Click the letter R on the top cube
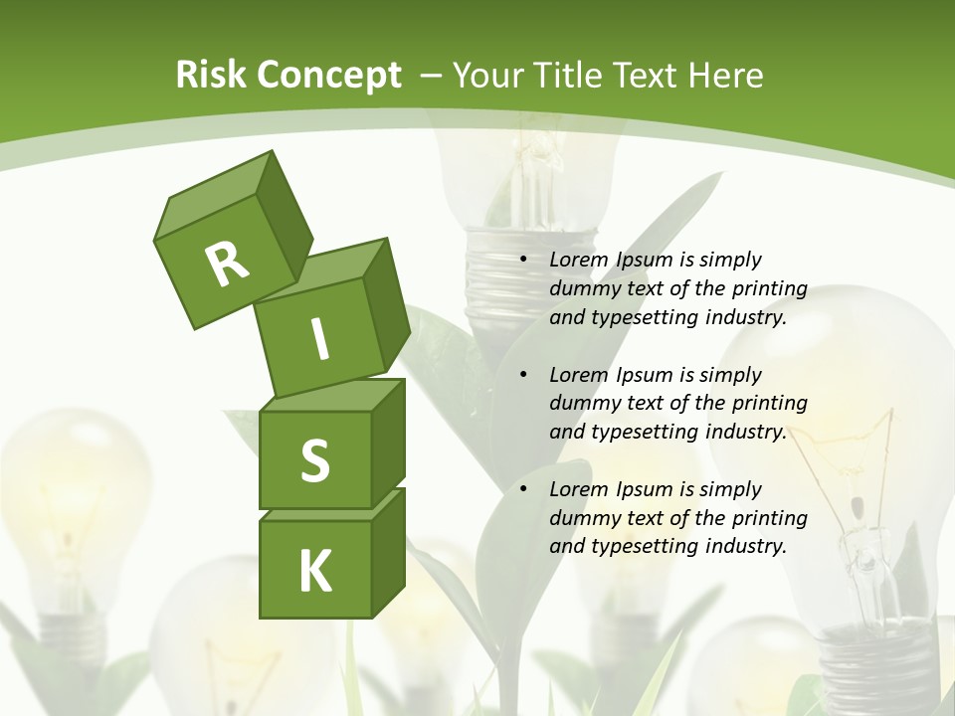pyautogui.click(x=227, y=263)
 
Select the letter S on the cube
pyautogui.click(x=314, y=461)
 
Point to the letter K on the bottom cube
pyautogui.click(x=315, y=571)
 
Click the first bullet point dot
pyautogui.click(x=523, y=261)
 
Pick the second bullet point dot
pyautogui.click(x=523, y=376)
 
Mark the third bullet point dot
pyautogui.click(x=523, y=490)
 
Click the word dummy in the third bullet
pyautogui.click(x=581, y=518)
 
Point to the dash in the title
pyautogui.click(x=433, y=76)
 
